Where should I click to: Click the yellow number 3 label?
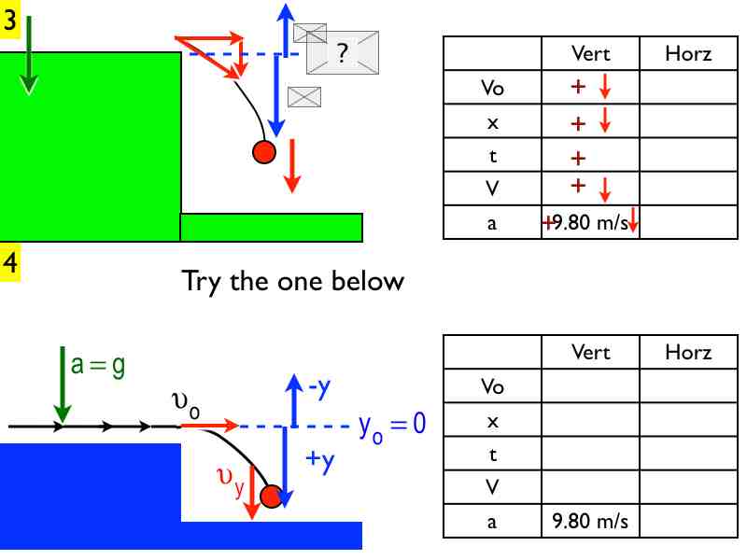click(10, 21)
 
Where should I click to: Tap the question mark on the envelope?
click(342, 54)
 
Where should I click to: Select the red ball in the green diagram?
click(264, 151)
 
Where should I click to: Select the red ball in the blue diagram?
click(271, 496)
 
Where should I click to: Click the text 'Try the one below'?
click(292, 280)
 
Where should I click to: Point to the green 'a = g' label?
click(98, 365)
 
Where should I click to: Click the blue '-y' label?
click(317, 387)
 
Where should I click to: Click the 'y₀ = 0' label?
click(392, 426)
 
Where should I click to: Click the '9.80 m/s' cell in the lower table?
click(590, 521)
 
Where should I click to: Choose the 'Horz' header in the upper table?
click(688, 54)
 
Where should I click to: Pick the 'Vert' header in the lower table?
click(590, 352)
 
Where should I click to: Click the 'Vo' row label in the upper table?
click(492, 88)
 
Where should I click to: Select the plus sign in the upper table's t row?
click(578, 157)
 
